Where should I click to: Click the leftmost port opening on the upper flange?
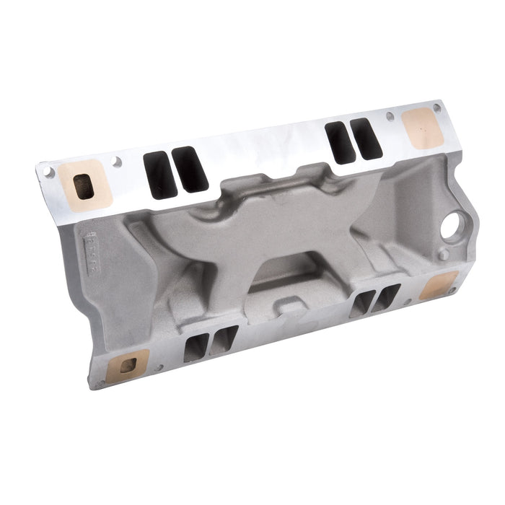pyautogui.click(x=160, y=175)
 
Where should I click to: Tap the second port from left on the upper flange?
pyautogui.click(x=190, y=169)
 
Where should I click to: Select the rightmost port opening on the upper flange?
pyautogui.click(x=366, y=139)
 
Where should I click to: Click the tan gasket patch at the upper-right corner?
pyautogui.click(x=421, y=128)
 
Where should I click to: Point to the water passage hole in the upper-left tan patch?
pyautogui.click(x=84, y=186)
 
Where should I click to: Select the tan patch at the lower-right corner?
pyautogui.click(x=438, y=285)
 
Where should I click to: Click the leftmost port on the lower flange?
pyautogui.click(x=196, y=348)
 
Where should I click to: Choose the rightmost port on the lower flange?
pyautogui.click(x=386, y=297)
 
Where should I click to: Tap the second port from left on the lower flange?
pyautogui.click(x=223, y=340)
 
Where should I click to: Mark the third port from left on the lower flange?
pyautogui.click(x=360, y=304)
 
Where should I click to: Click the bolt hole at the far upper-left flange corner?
pyautogui.click(x=48, y=172)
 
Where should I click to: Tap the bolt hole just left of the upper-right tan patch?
pyautogui.click(x=390, y=116)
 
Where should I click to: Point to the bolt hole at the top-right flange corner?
pyautogui.click(x=436, y=108)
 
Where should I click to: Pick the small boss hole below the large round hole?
pyautogui.click(x=444, y=255)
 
